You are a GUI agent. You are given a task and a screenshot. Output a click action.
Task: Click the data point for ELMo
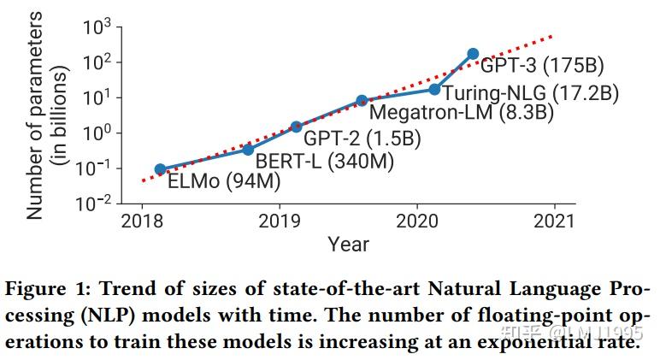pos(160,169)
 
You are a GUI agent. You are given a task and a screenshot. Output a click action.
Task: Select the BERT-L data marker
pos(248,150)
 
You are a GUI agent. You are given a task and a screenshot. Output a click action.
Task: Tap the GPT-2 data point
pos(297,127)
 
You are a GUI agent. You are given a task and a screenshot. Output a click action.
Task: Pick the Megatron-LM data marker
pos(362,101)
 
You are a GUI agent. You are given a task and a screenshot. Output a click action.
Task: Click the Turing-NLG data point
pos(434,89)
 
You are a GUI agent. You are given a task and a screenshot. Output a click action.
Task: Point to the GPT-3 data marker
pos(473,54)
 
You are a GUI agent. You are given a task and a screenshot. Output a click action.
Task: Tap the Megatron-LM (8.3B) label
pos(462,112)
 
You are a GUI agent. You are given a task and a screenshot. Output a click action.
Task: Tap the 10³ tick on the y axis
pos(97,27)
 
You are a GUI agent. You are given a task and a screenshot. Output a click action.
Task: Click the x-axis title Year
pos(349,245)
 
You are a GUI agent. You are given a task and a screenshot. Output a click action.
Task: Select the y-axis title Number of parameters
pos(34,117)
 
